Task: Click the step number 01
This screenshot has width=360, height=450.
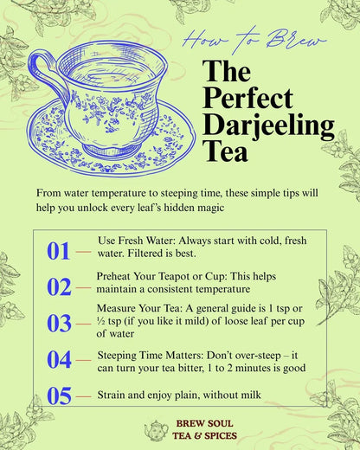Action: (58, 251)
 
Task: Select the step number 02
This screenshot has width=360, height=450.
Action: (59, 287)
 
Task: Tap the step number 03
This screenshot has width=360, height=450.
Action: (59, 324)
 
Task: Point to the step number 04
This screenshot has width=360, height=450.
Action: (59, 360)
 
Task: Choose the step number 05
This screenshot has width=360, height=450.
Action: (59, 396)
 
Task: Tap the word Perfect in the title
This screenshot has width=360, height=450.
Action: (248, 99)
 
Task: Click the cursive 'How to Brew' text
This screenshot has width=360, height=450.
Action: (254, 41)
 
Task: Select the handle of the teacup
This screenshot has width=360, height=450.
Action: (44, 73)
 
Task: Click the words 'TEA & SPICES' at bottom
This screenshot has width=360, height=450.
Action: (202, 436)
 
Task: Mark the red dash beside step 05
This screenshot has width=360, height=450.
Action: (83, 396)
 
